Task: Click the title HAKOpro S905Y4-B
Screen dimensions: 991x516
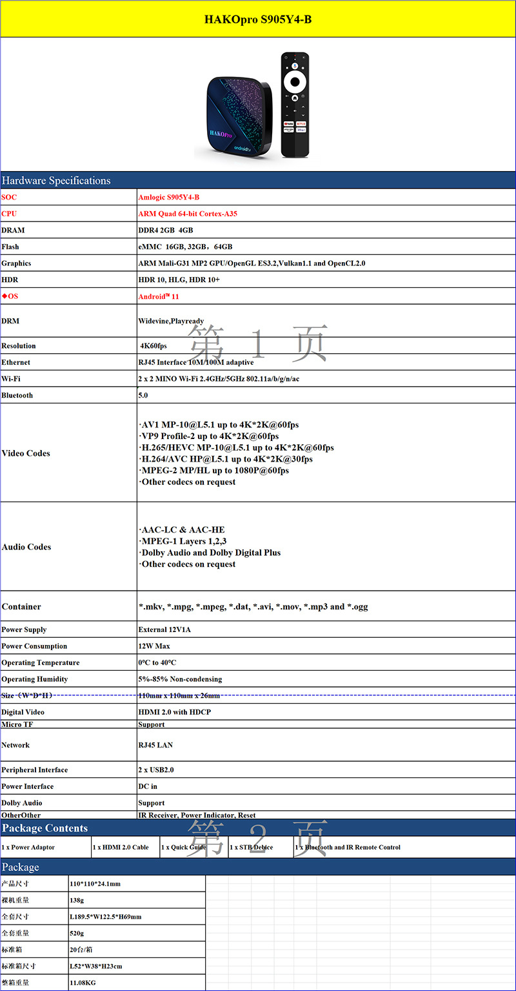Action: coord(258,19)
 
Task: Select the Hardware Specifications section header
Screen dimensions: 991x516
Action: coord(56,181)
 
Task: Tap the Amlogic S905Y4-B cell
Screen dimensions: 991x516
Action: coord(164,197)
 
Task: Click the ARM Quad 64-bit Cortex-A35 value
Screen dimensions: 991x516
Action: coord(188,214)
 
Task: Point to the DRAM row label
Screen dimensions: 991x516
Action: coord(13,230)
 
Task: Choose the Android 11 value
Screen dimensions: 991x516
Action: coord(159,296)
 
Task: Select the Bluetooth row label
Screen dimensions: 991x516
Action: coord(17,395)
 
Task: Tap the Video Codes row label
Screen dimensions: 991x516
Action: coord(26,453)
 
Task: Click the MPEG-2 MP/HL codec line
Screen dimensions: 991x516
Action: coord(214,471)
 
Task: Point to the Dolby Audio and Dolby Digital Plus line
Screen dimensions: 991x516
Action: coord(210,553)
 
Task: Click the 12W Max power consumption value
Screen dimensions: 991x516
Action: coord(154,646)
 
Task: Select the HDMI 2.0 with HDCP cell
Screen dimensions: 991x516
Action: coord(174,712)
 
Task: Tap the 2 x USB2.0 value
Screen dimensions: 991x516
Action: coord(156,770)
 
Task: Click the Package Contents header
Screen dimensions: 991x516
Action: coord(45,828)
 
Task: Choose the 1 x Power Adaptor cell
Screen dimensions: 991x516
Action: coord(28,847)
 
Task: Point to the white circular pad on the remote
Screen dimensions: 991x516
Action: coord(295,82)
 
